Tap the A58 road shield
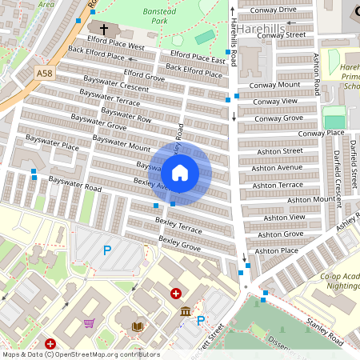click(46, 73)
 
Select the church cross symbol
click(104, 30)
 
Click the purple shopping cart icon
click(89, 324)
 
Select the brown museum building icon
click(186, 311)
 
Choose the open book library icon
click(138, 326)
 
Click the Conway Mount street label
click(274, 85)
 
